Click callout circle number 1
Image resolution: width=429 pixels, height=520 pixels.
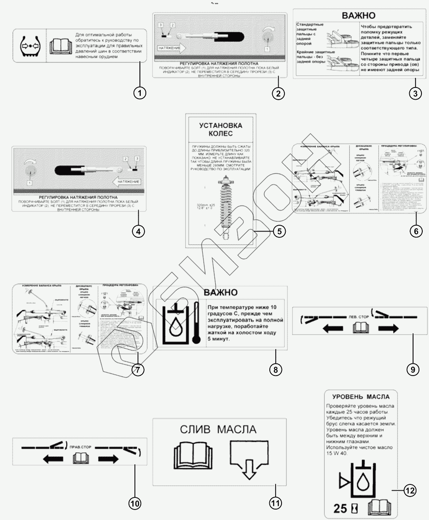tap(140, 93)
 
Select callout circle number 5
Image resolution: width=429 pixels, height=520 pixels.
tap(279, 231)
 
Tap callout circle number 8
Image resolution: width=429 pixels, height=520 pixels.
tap(275, 369)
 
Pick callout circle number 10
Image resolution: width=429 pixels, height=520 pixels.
tap(135, 504)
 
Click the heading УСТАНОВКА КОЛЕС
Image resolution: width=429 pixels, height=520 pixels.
tap(221, 129)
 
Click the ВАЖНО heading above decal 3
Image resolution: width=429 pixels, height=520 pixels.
tap(359, 16)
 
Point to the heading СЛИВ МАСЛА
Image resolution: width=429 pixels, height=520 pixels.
tap(218, 430)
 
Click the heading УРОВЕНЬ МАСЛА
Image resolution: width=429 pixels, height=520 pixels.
tap(361, 397)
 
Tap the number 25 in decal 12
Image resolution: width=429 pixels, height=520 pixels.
tap(340, 509)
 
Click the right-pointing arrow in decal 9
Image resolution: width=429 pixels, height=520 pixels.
tap(388, 329)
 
